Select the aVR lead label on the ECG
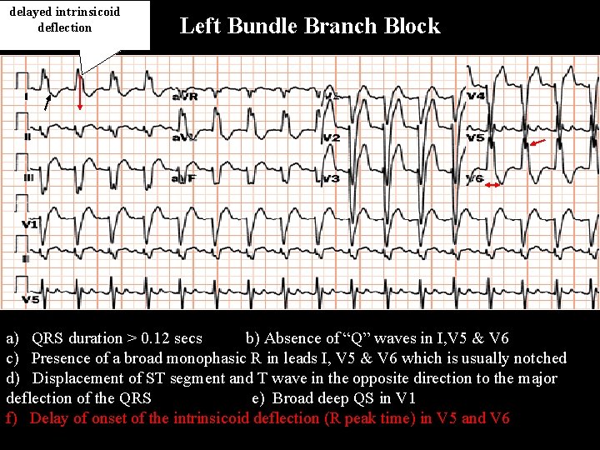(x=185, y=97)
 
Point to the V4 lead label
(x=476, y=97)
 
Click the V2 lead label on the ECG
(x=331, y=137)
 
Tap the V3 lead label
(x=331, y=178)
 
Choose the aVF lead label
(x=183, y=178)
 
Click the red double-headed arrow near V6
(x=492, y=185)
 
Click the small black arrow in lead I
(x=48, y=103)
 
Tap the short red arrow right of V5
(x=538, y=143)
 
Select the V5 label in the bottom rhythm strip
(x=30, y=299)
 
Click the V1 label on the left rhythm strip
(x=30, y=225)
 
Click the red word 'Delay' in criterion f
(x=49, y=418)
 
